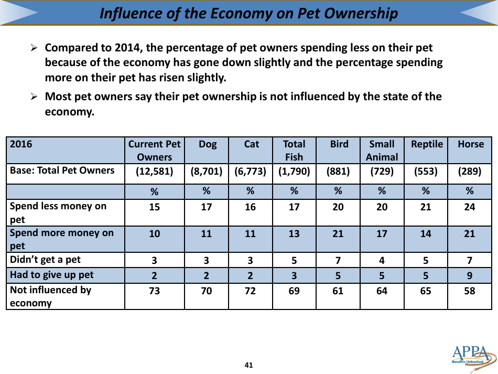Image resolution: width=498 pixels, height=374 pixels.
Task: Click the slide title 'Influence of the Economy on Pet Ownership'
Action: click(x=248, y=13)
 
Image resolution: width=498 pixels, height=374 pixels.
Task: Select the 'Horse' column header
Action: click(x=470, y=144)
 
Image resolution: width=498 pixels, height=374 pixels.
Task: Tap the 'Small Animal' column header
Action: click(x=382, y=150)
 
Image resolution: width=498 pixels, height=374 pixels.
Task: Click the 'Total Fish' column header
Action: click(x=294, y=150)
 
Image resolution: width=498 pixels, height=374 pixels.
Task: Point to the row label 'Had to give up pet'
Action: click(x=52, y=275)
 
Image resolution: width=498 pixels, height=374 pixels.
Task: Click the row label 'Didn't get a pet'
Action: click(x=46, y=260)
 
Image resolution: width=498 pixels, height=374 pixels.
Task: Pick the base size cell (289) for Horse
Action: click(x=470, y=170)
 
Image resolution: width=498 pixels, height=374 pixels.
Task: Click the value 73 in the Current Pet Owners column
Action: click(x=154, y=290)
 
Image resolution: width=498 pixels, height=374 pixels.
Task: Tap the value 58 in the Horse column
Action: click(x=470, y=290)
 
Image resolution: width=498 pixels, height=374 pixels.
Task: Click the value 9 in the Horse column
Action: click(x=470, y=275)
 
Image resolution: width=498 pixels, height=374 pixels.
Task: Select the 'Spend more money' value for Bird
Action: click(x=338, y=234)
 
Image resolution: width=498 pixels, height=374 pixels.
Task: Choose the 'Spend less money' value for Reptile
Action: click(x=426, y=207)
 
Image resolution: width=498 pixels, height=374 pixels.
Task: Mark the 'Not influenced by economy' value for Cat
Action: click(x=251, y=290)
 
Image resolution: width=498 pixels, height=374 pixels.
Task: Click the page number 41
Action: click(x=249, y=365)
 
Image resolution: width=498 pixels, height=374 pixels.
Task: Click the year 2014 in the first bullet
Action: click(x=129, y=48)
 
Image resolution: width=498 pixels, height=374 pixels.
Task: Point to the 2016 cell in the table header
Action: click(x=22, y=144)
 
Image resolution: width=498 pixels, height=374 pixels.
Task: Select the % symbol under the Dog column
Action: click(x=207, y=191)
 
